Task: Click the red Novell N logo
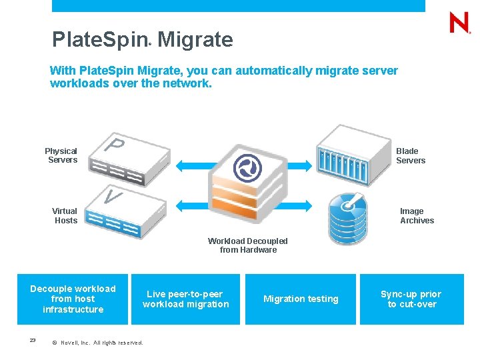pyautogui.click(x=459, y=23)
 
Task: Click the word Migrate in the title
pyautogui.click(x=195, y=40)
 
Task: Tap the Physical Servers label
pyautogui.click(x=61, y=155)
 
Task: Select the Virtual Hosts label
pyautogui.click(x=65, y=216)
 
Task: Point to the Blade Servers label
pyautogui.click(x=410, y=155)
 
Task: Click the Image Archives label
pyautogui.click(x=417, y=216)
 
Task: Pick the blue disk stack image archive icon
pyautogui.click(x=347, y=217)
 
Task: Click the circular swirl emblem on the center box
pyautogui.click(x=247, y=168)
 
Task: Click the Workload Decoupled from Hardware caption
pyautogui.click(x=248, y=245)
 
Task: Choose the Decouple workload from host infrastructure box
pyautogui.click(x=73, y=299)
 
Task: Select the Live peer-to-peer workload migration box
pyautogui.click(x=185, y=299)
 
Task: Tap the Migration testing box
pyautogui.click(x=301, y=299)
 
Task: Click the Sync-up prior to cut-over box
pyautogui.click(x=411, y=299)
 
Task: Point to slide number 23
pyautogui.click(x=33, y=341)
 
